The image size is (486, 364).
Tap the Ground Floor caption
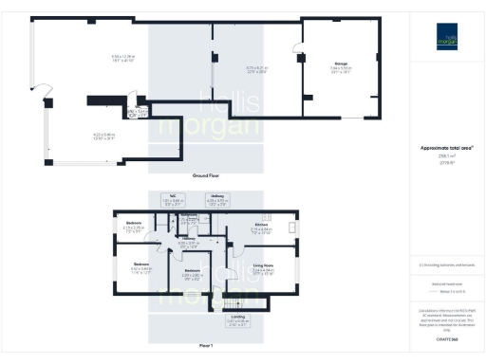click(207, 176)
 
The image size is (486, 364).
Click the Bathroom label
click(189, 216)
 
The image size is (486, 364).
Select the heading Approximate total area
click(446, 148)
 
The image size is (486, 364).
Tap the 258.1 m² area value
click(446, 156)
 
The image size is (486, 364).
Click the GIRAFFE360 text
click(446, 338)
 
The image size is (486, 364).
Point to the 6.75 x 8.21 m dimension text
click(232, 67)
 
